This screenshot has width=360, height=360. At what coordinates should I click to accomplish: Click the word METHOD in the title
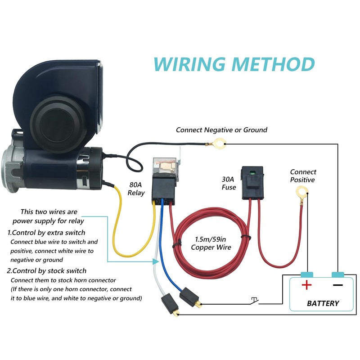(x=273, y=64)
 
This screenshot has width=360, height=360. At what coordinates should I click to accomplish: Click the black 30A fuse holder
(x=252, y=183)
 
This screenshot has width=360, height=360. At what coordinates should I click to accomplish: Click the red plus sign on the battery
(x=306, y=285)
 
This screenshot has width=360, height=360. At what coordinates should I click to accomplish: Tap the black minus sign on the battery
(x=338, y=285)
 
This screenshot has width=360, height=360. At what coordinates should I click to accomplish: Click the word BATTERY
(x=323, y=303)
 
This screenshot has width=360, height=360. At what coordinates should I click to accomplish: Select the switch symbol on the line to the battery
(x=254, y=301)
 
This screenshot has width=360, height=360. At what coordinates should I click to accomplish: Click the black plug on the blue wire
(x=189, y=297)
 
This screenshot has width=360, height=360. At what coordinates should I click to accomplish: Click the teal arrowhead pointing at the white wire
(x=156, y=261)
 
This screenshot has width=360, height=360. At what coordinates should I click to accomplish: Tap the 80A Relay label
(x=136, y=189)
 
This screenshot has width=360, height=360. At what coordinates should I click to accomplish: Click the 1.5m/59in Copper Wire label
(x=211, y=243)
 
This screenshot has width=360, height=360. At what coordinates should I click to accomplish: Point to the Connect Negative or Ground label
(x=221, y=130)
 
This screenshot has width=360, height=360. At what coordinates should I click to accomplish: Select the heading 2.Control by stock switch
(x=47, y=271)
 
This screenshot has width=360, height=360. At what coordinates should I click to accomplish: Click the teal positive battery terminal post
(x=307, y=274)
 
